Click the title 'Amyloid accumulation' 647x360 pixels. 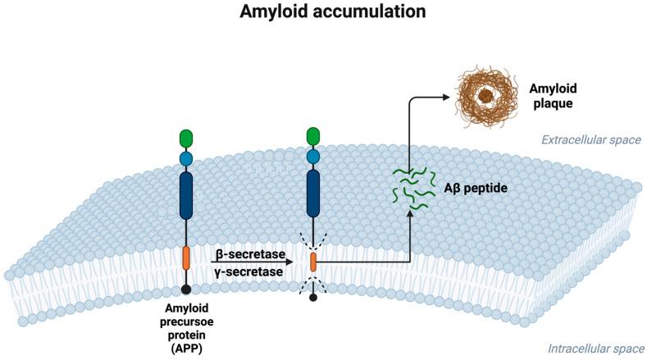tap(322, 13)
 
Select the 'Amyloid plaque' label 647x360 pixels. tap(551, 96)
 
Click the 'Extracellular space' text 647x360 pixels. tap(590, 140)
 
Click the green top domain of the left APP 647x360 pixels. tap(187, 138)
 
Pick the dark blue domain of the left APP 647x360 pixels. tap(187, 195)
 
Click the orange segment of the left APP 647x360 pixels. tap(187, 257)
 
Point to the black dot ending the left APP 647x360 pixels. tap(187, 289)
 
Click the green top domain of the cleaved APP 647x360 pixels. tap(312, 136)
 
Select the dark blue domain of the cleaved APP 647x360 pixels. tap(312, 194)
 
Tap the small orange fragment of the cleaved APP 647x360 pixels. tap(312, 262)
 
